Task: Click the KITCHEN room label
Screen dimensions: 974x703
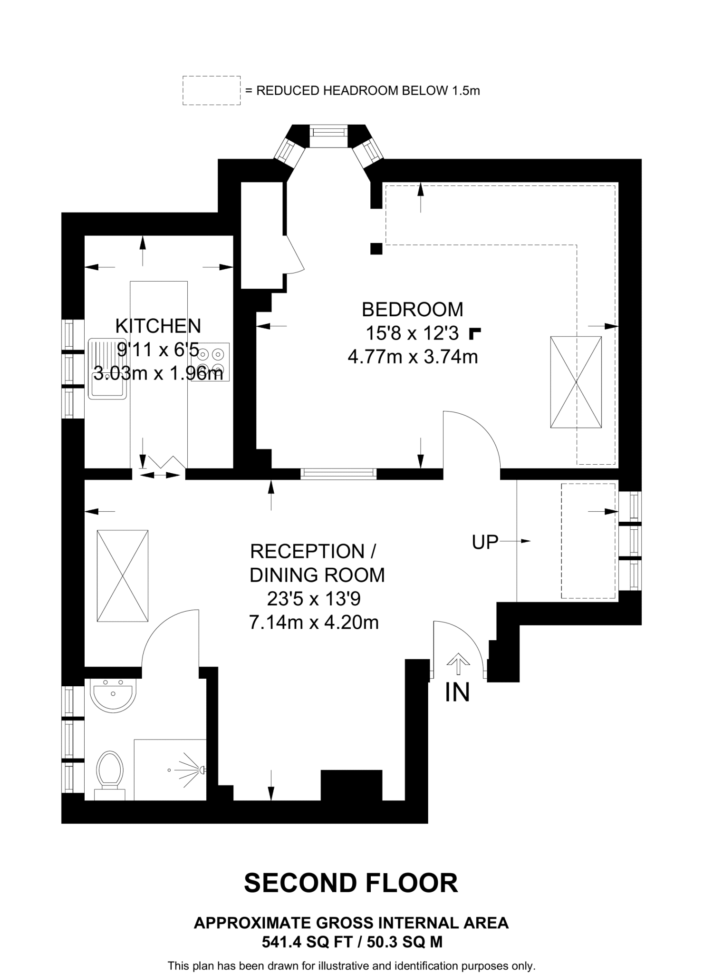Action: click(158, 326)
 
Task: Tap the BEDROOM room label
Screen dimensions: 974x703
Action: click(412, 310)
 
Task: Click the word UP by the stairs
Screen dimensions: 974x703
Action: click(485, 542)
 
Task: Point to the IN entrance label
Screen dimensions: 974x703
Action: click(457, 692)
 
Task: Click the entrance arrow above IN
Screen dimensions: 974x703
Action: click(458, 664)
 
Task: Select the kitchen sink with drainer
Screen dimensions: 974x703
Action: click(108, 369)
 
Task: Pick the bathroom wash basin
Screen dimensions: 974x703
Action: click(113, 695)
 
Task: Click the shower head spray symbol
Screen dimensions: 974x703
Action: click(190, 769)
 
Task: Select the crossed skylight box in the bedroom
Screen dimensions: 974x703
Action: click(576, 382)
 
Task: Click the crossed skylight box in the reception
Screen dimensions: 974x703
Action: click(123, 575)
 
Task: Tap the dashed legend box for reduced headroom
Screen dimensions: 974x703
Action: click(212, 90)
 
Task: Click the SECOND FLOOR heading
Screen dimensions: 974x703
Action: click(351, 883)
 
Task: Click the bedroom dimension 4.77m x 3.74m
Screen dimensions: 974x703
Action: click(412, 357)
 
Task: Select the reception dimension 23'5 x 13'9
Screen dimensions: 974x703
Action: click(314, 599)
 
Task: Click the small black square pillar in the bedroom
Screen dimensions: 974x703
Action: click(376, 248)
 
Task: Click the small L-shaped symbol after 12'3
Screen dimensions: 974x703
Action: click(474, 333)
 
